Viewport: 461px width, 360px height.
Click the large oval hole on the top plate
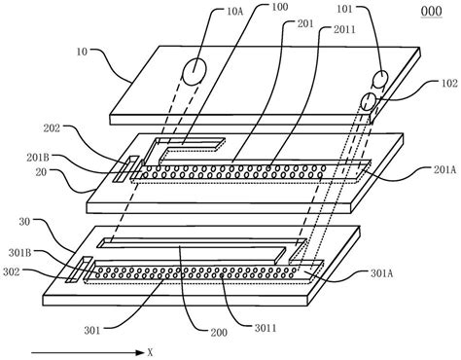pos(195,70)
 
